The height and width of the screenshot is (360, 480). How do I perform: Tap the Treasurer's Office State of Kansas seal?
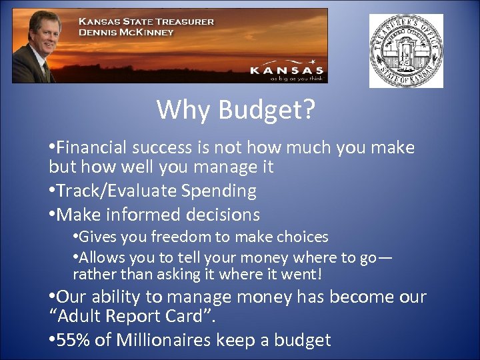tap(406, 51)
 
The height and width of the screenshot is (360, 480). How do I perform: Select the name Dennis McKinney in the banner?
tap(126, 31)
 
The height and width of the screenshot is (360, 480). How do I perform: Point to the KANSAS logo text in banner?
tap(286, 69)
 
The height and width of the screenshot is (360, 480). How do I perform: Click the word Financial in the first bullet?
tap(93, 147)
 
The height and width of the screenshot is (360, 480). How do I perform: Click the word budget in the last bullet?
tap(301, 340)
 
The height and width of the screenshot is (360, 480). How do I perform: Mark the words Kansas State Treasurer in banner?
tap(147, 21)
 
